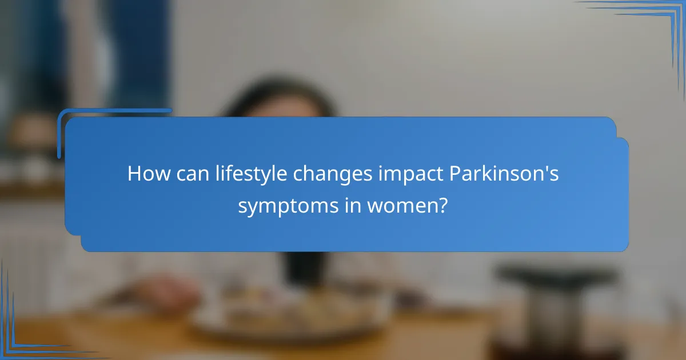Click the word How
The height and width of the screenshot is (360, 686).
pos(145,174)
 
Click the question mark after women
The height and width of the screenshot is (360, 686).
pos(442,206)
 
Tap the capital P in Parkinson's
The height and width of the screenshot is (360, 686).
pos(457,174)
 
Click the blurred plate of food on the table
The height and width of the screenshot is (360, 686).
pos(286,320)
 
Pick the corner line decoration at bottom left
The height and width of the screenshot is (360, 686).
pos(17,337)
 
